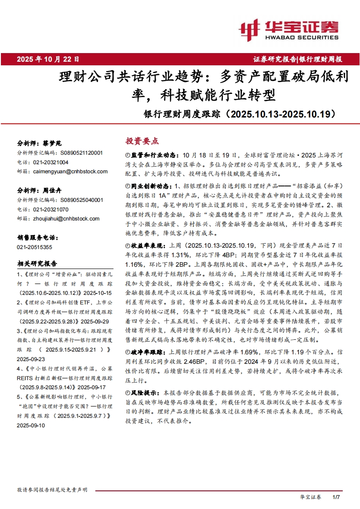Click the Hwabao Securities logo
pyautogui.click(x=289, y=29)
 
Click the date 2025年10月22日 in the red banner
pyautogui.click(x=48, y=59)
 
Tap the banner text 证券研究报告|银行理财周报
pyautogui.click(x=297, y=59)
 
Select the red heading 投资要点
pyautogui.click(x=142, y=141)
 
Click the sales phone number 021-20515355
pyautogui.click(x=34, y=247)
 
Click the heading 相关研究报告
pyautogui.click(x=37, y=264)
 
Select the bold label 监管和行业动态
pyautogui.click(x=152, y=155)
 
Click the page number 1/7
pyautogui.click(x=336, y=498)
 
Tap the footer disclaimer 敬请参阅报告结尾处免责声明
pyautogui.click(x=52, y=490)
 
